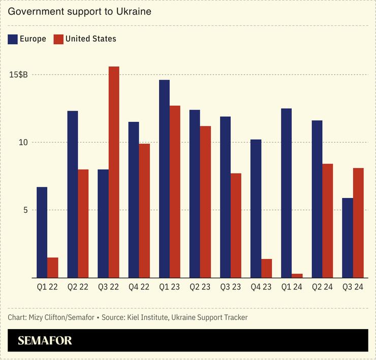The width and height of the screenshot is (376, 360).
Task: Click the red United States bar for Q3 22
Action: coord(114,172)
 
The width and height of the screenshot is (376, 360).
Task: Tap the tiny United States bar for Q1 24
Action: coord(297,276)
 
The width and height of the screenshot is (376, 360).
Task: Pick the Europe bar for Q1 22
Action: coord(42,233)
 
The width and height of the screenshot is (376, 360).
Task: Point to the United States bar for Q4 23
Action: coord(266,268)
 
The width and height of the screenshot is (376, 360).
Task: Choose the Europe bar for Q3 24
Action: coord(348,238)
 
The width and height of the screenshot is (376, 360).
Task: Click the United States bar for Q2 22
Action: coord(83,223)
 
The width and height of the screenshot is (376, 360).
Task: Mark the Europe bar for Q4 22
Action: coord(134,200)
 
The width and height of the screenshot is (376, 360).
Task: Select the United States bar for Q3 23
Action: coord(236,225)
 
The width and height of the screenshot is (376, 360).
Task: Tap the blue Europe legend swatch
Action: coord(13,39)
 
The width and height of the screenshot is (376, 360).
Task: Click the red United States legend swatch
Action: coord(58,39)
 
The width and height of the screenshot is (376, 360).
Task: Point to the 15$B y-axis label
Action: coord(18,75)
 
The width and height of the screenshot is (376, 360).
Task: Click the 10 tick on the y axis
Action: coord(23,142)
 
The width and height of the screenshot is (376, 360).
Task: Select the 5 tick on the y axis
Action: coord(25,210)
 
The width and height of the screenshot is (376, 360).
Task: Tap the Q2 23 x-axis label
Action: coord(200,287)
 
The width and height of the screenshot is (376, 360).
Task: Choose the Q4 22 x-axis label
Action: coord(139,287)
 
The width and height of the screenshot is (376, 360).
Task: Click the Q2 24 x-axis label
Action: coord(322,287)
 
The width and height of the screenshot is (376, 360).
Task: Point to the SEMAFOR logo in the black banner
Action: coord(45,340)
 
